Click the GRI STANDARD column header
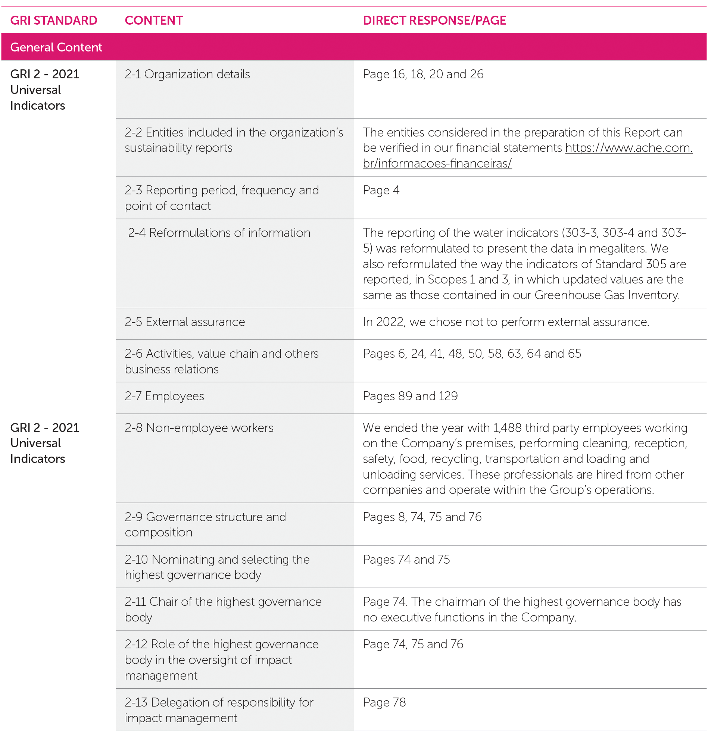tap(54, 20)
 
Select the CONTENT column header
tap(154, 20)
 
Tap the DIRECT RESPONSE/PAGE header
tap(434, 20)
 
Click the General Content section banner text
tap(56, 47)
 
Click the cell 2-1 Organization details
tap(187, 74)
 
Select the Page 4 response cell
tap(381, 190)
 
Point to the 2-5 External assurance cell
tap(185, 322)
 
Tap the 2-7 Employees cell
tap(164, 396)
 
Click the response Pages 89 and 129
tap(410, 396)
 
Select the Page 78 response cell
tap(384, 702)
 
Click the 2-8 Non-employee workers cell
tap(199, 428)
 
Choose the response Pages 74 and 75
tap(406, 560)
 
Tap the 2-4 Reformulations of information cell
tap(219, 233)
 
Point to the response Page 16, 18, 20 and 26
tap(423, 74)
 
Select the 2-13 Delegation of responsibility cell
tap(219, 710)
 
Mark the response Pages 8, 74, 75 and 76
tap(422, 517)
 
